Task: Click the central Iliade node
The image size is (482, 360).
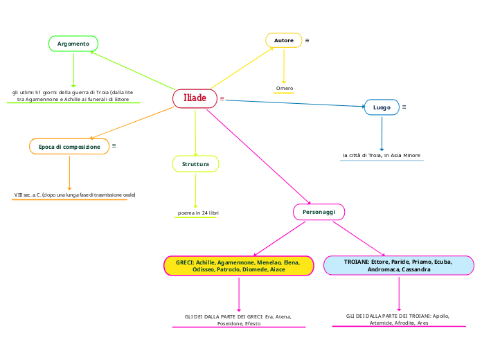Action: (195, 98)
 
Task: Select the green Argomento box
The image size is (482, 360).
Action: (73, 44)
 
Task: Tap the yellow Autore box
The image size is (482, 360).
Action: (284, 40)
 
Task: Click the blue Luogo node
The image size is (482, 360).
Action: (382, 107)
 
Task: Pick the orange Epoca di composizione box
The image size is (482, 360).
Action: (69, 147)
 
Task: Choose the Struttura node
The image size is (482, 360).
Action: (195, 164)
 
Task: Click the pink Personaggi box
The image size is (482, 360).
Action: (319, 211)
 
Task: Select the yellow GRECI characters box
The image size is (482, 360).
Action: (239, 266)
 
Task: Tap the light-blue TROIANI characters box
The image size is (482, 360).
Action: (399, 266)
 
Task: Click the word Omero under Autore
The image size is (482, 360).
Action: (285, 89)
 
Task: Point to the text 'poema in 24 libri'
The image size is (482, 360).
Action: (199, 213)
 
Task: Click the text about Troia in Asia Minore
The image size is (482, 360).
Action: (382, 155)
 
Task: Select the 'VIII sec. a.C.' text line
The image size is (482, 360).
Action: (75, 195)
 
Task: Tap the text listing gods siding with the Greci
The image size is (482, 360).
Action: (238, 320)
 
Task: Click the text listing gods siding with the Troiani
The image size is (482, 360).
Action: (398, 319)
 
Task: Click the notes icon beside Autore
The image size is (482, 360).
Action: (307, 40)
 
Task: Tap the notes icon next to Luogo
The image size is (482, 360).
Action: (404, 107)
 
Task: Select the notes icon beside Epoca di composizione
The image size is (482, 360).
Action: (114, 146)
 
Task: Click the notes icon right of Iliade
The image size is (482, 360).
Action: (222, 99)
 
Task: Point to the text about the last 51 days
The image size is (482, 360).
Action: (73, 96)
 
